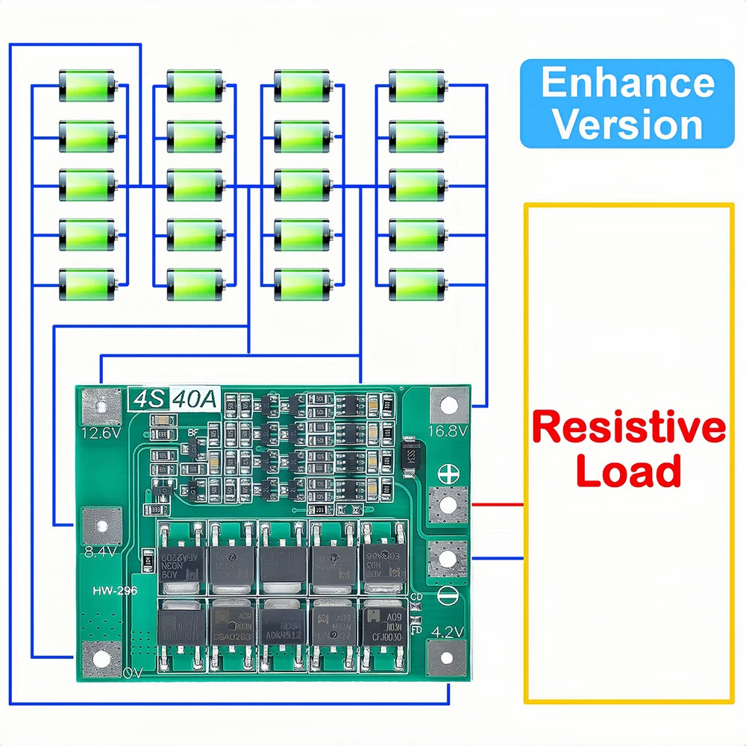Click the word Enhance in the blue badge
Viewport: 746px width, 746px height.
pyautogui.click(x=627, y=83)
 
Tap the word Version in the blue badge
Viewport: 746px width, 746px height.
pyautogui.click(x=627, y=124)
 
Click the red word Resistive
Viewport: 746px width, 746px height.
pyautogui.click(x=628, y=428)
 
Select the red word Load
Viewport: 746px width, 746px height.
pyautogui.click(x=628, y=471)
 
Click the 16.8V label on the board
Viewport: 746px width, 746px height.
pyautogui.click(x=448, y=431)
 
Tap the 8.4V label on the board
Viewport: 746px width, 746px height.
pyautogui.click(x=101, y=551)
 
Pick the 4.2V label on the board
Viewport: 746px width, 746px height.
pyautogui.click(x=448, y=631)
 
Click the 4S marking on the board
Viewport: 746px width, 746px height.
pyautogui.click(x=148, y=400)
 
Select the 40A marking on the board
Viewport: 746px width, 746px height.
pyautogui.click(x=195, y=400)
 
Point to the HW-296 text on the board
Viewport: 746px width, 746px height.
pyautogui.click(x=115, y=591)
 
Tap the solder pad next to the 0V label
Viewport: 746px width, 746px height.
pyautogui.click(x=101, y=658)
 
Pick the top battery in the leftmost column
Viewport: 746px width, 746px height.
pyautogui.click(x=87, y=86)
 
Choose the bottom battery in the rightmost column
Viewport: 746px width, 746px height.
pyautogui.click(x=417, y=285)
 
